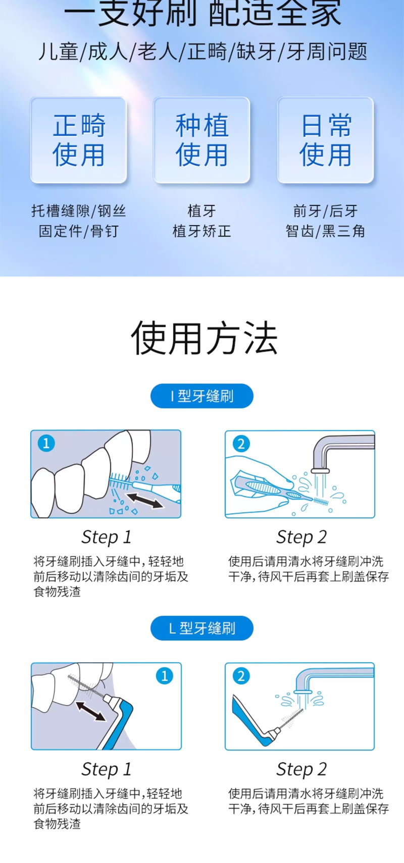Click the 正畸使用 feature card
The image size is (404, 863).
[x=79, y=140]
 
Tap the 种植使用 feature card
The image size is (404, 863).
[x=201, y=140]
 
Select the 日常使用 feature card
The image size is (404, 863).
[x=325, y=140]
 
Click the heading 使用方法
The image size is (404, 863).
[x=205, y=338]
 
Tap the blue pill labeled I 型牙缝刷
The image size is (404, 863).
[x=201, y=396]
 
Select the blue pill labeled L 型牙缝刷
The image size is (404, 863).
[x=201, y=628]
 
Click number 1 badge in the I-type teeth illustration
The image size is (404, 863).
[x=46, y=443]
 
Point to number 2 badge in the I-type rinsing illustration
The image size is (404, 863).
[x=241, y=444]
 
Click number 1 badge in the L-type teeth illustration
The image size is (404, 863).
[x=165, y=676]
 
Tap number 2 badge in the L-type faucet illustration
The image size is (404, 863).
[x=241, y=676]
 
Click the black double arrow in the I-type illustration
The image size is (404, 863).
[x=145, y=501]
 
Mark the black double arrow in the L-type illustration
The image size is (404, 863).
[x=90, y=711]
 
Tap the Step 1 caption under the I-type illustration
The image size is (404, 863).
[x=107, y=536]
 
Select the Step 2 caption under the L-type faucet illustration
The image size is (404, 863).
[x=301, y=769]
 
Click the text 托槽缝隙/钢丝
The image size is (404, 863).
[x=79, y=211]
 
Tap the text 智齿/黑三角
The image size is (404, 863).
[x=325, y=231]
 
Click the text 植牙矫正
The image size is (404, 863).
[x=201, y=231]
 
